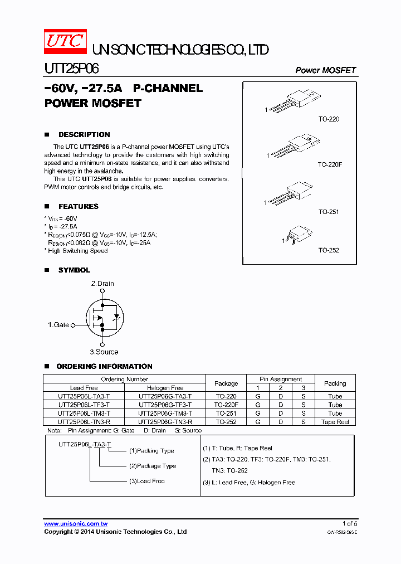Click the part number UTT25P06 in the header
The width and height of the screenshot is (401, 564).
[x=72, y=69]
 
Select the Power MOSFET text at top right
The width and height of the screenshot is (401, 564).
[x=325, y=70]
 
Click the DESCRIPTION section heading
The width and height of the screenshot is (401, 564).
[x=84, y=135]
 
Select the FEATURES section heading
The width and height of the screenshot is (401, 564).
[x=78, y=206]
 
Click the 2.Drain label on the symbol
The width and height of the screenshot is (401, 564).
[x=102, y=284]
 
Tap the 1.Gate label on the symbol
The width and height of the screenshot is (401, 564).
[x=58, y=325]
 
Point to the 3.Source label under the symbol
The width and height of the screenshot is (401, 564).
[x=104, y=352]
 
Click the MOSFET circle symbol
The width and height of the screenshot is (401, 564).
[x=102, y=318]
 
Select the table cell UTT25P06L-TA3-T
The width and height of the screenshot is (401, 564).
[x=84, y=396]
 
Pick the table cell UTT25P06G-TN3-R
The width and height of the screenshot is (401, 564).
[x=165, y=422]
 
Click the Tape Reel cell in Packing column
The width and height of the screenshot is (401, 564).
[x=335, y=422]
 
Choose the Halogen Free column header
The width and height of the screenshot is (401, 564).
[x=165, y=388]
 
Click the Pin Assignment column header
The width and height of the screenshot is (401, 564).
[x=281, y=379]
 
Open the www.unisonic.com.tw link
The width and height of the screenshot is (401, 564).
[x=76, y=524]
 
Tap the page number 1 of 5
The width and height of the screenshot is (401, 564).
[x=349, y=524]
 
